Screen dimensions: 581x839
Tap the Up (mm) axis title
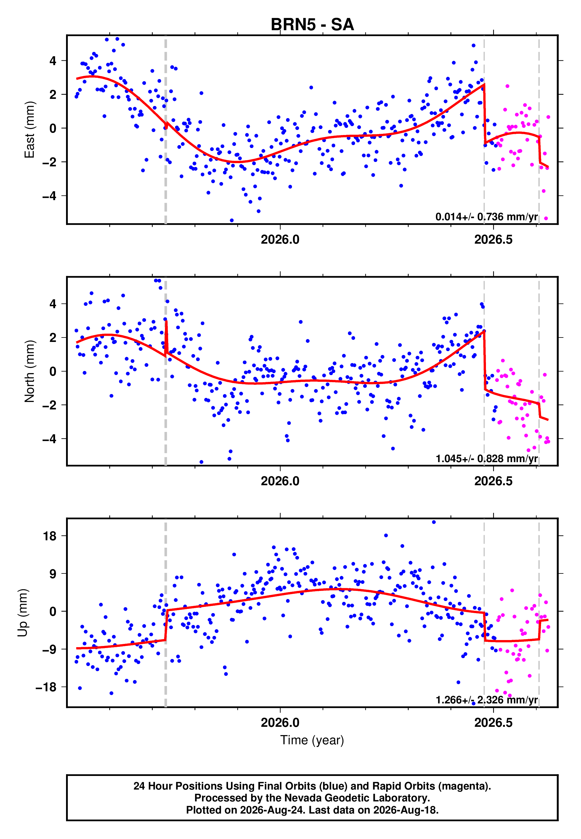tap(23, 612)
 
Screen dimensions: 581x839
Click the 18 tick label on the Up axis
tap(49, 536)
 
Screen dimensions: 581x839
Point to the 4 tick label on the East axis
tap(53, 60)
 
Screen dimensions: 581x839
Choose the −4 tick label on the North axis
tap(49, 439)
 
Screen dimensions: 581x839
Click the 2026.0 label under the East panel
tap(280, 240)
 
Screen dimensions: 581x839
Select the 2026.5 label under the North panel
tap(493, 481)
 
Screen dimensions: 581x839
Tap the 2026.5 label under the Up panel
tap(493, 723)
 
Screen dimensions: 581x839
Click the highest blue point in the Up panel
tap(434, 522)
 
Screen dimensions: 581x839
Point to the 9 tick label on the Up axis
tap(53, 574)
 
